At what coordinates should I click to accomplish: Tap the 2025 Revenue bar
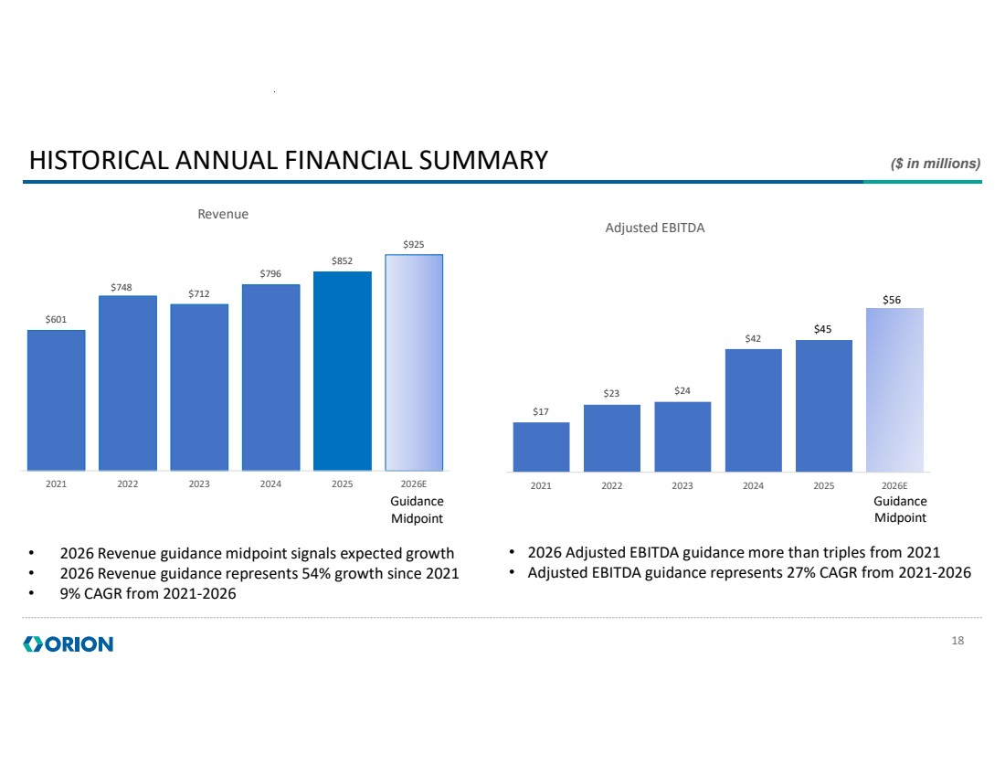coord(343,370)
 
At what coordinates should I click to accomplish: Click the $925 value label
coord(414,245)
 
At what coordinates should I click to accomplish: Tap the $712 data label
coord(199,294)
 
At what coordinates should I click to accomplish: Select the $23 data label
coord(611,394)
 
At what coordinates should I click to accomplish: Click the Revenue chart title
coord(224,214)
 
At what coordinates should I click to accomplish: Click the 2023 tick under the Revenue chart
coord(199,485)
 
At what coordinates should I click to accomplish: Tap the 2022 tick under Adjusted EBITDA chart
coord(611,486)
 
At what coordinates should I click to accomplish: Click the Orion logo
coord(69,644)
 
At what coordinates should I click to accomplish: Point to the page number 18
coord(957,641)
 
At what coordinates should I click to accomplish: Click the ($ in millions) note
coord(935,164)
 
